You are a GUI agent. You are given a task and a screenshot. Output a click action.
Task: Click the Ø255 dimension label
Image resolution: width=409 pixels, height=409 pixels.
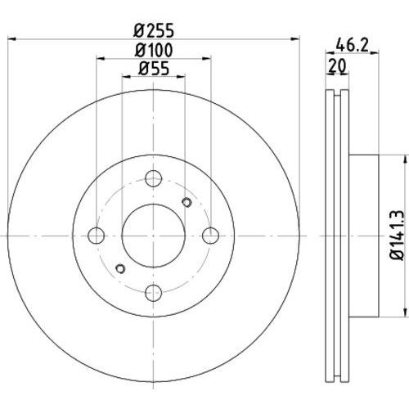[x=154, y=30]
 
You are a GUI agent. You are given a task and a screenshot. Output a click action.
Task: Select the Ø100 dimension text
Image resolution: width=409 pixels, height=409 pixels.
[x=154, y=50]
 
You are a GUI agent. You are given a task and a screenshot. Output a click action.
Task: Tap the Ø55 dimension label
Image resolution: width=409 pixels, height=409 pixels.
[x=154, y=69]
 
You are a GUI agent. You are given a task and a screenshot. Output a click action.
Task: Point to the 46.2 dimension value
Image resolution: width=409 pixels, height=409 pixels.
[x=352, y=45]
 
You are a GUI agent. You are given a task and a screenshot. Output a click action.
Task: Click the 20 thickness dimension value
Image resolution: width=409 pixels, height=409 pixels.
[x=337, y=65]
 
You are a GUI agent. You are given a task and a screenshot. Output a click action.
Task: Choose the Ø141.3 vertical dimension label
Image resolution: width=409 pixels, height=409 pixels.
[x=397, y=236]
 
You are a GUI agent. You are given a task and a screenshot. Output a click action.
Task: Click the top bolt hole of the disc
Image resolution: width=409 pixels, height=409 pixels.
[x=154, y=178]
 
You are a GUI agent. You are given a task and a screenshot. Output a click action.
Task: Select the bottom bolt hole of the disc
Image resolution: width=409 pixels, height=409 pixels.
[x=154, y=293]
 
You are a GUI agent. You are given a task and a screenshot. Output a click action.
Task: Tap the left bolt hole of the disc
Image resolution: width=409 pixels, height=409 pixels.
[x=97, y=236]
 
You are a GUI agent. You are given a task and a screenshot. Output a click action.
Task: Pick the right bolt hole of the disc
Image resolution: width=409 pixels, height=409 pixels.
[x=211, y=236]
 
